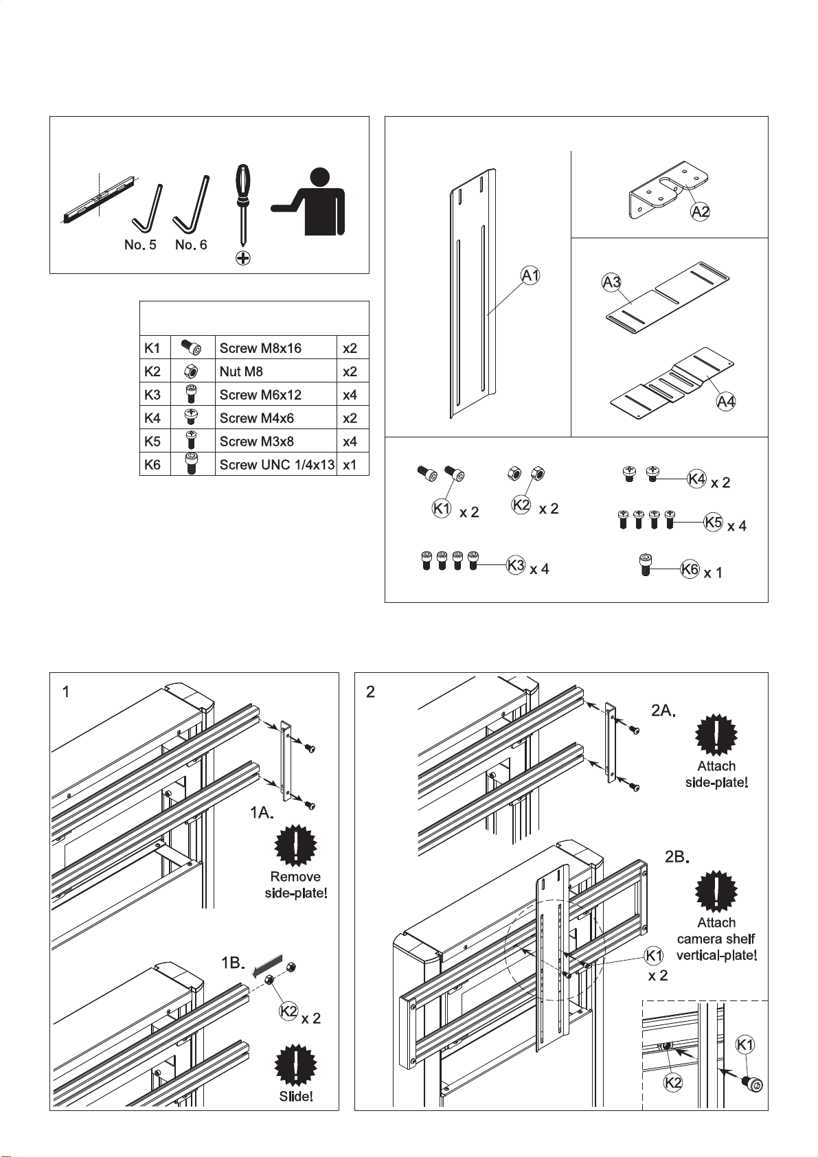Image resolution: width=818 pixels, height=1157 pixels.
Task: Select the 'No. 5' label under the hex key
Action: click(140, 245)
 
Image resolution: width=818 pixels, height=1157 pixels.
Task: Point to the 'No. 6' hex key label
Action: click(191, 245)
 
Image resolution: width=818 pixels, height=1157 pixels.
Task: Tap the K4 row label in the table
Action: click(152, 418)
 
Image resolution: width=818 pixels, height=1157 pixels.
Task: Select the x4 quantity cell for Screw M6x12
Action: click(350, 395)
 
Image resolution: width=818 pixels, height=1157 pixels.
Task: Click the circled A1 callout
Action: click(530, 276)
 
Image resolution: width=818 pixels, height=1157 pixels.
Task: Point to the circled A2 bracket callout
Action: click(700, 211)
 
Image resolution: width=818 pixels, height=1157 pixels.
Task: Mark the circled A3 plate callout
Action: click(612, 282)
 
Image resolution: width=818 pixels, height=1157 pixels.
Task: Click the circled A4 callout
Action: click(726, 401)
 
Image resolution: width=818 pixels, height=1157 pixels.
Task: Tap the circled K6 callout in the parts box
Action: click(690, 569)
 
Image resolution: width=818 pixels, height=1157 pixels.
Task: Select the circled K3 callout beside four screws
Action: click(516, 564)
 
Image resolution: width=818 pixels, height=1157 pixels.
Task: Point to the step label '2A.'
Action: click(663, 711)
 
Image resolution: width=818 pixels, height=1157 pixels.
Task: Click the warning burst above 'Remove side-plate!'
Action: click(295, 845)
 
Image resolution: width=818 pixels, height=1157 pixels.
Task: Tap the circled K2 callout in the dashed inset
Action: click(673, 1082)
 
